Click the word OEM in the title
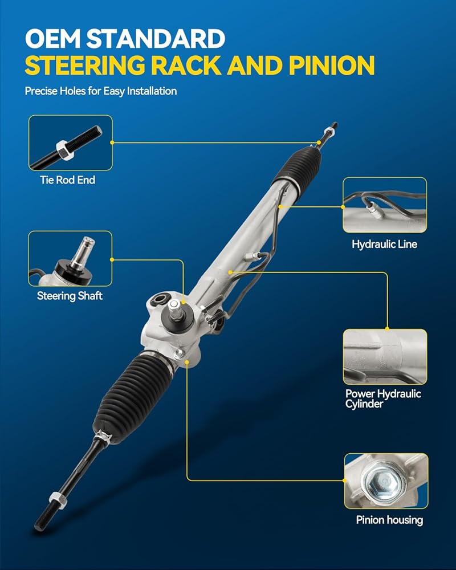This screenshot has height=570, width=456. point(53,39)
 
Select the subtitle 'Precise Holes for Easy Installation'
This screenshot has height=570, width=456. point(101,91)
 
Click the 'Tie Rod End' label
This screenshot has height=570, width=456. point(68,180)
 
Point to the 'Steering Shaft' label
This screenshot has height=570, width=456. point(70,296)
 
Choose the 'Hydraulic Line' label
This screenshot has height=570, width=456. point(384,245)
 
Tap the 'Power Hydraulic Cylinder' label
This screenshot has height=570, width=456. point(383,399)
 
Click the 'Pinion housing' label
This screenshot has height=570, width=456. point(389,520)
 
